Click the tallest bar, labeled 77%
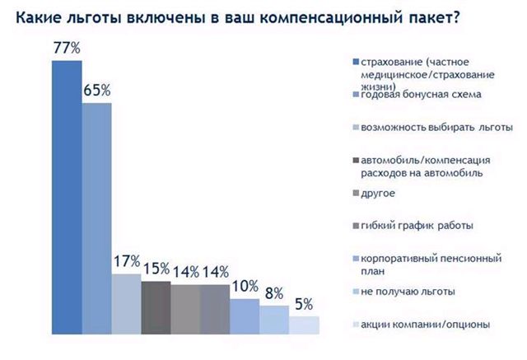coord(67,198)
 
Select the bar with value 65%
coord(96,218)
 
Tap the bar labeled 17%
coord(126,304)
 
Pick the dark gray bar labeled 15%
coord(156,308)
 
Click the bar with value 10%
coord(245,316)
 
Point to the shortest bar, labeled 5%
coord(304,325)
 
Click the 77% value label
coord(66,48)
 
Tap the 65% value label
coord(96,90)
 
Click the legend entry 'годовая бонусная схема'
coord(415,96)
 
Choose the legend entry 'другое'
coord(380,193)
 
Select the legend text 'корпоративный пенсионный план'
coord(419,263)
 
